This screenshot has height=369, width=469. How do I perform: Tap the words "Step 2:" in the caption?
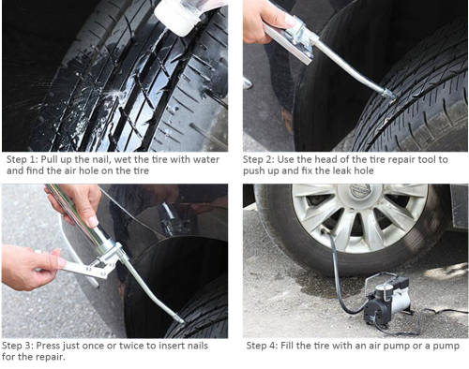tap(264, 159)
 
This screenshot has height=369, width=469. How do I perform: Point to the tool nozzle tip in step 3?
tap(178, 320)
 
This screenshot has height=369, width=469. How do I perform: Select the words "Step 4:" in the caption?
tap(265, 345)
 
